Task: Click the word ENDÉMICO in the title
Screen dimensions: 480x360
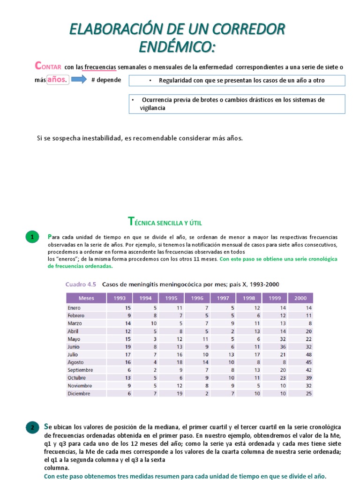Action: [x=177, y=47]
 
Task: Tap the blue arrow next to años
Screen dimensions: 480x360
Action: [x=79, y=80]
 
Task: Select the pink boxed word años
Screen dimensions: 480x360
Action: [x=58, y=80]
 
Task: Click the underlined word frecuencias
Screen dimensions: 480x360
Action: [x=100, y=67]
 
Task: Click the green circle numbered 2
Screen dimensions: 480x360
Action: [x=32, y=427]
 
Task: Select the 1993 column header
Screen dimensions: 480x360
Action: [x=119, y=298]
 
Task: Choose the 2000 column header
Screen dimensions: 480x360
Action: [x=300, y=298]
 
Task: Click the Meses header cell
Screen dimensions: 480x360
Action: [x=86, y=298]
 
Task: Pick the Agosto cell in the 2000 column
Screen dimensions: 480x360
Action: [x=308, y=362]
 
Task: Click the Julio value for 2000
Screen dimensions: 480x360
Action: [x=308, y=354]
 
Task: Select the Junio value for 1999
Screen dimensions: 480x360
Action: [x=282, y=346]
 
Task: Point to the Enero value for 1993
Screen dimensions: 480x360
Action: [x=127, y=307]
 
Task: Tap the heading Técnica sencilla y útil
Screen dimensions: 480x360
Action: [x=165, y=221]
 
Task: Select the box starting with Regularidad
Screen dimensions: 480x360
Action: [x=237, y=81]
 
